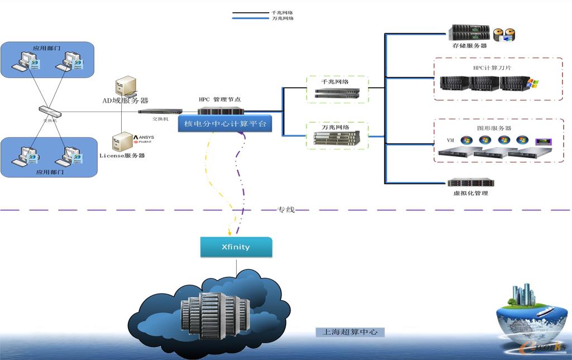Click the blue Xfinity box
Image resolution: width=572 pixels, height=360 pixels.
pyautogui.click(x=236, y=247)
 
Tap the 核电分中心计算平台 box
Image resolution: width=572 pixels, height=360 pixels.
pyautogui.click(x=225, y=123)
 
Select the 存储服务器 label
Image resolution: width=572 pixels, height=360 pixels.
pyautogui.click(x=469, y=46)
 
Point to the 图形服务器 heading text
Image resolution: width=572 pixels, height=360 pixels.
pyautogui.click(x=494, y=128)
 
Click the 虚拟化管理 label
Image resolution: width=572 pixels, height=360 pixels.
pyautogui.click(x=471, y=193)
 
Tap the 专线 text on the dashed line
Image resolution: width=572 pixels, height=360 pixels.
pyautogui.click(x=285, y=210)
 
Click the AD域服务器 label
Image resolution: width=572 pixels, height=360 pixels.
pyautogui.click(x=125, y=100)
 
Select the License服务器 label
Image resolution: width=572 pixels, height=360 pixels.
pyautogui.click(x=122, y=155)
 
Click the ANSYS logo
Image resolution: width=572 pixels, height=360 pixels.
pyautogui.click(x=144, y=137)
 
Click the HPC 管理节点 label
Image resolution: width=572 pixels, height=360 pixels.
pyautogui.click(x=220, y=99)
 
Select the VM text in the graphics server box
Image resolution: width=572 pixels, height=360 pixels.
pyautogui.click(x=450, y=140)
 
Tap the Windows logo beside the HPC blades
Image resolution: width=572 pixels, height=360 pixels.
pyautogui.click(x=533, y=83)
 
